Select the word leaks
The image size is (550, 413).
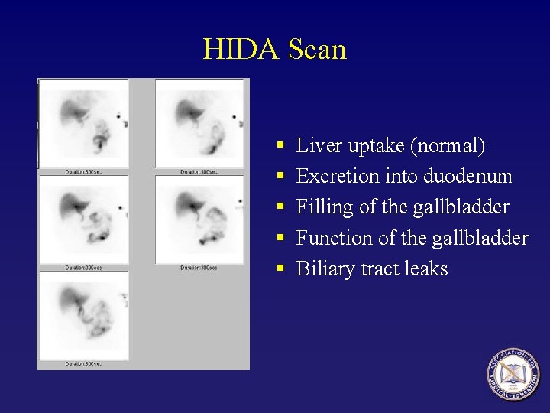[x=427, y=269]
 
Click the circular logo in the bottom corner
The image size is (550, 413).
[x=514, y=374]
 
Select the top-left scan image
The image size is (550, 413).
[x=85, y=123]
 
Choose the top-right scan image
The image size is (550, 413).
[x=201, y=123]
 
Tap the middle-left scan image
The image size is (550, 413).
[x=85, y=220]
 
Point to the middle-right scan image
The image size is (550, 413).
[x=201, y=220]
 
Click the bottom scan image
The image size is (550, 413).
[x=85, y=314]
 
